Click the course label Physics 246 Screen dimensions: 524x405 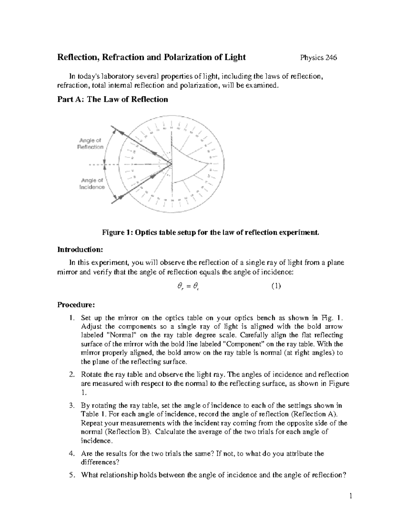pyautogui.click(x=318, y=58)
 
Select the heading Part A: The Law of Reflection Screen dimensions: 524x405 pyautogui.click(x=113, y=99)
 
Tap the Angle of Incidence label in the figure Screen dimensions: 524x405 pyautogui.click(x=92, y=184)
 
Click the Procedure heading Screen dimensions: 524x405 pyautogui.click(x=76, y=305)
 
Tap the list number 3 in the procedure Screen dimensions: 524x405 pyautogui.click(x=71, y=406)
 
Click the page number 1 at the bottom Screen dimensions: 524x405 pyautogui.click(x=351, y=496)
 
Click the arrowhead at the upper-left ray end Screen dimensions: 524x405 pyautogui.click(x=114, y=129)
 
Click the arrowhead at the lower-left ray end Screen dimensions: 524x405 pyautogui.click(x=114, y=200)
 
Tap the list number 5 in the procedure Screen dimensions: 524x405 pyautogui.click(x=71, y=475)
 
